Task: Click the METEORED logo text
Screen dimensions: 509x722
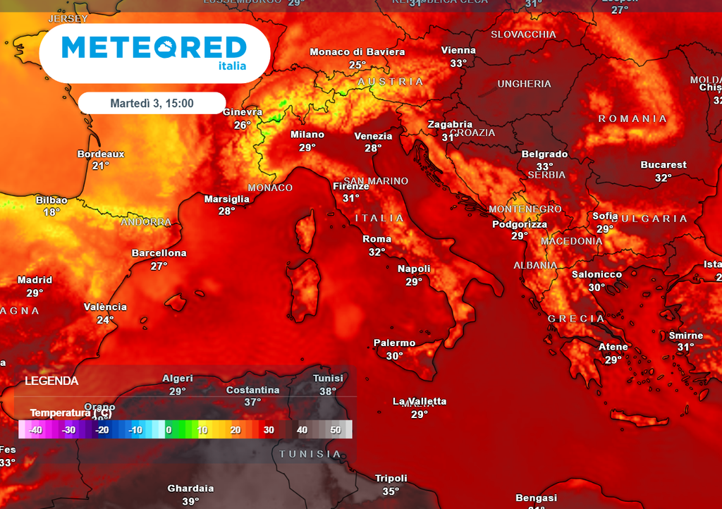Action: click(154, 48)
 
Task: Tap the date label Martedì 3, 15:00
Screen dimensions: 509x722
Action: click(152, 104)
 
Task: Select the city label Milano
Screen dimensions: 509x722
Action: click(307, 135)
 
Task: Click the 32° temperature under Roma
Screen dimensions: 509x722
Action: click(377, 252)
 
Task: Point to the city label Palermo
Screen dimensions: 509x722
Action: click(394, 343)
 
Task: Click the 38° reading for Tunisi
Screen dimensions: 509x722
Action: click(328, 392)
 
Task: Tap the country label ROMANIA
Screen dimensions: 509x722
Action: click(632, 118)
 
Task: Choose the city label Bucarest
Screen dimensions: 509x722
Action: click(663, 165)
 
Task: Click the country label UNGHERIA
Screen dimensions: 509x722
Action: click(524, 84)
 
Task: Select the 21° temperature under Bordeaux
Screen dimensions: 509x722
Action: click(101, 166)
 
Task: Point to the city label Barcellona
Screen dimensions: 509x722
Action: click(159, 253)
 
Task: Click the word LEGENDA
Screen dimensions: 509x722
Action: click(51, 381)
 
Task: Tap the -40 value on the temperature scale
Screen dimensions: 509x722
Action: click(36, 429)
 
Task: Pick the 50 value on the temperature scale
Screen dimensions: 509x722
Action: click(335, 429)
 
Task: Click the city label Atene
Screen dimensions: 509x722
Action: click(613, 347)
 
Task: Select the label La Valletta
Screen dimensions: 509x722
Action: click(420, 401)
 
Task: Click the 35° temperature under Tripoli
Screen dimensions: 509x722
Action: click(391, 491)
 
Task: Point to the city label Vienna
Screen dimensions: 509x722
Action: click(458, 51)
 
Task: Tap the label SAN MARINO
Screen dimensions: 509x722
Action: click(376, 181)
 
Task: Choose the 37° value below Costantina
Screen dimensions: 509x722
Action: click(252, 402)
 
